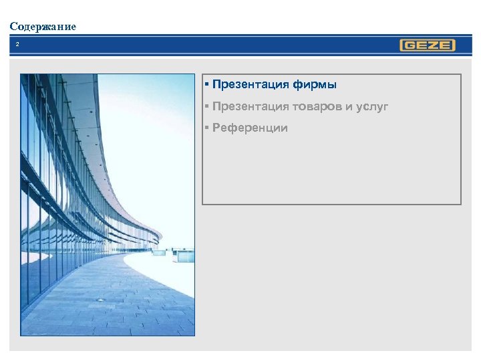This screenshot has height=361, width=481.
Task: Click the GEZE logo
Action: pyautogui.click(x=428, y=45)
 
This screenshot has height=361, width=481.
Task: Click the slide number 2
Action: pyautogui.click(x=18, y=45)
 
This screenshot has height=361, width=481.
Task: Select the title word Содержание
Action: pyautogui.click(x=43, y=27)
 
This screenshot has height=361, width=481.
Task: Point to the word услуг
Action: pyautogui.click(x=371, y=106)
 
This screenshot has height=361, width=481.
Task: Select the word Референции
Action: pyautogui.click(x=250, y=128)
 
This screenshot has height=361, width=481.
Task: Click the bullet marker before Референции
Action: pyautogui.click(x=208, y=128)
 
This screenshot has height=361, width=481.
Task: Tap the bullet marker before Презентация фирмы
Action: pyautogui.click(x=208, y=85)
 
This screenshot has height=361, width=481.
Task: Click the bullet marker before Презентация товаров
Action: pyautogui.click(x=208, y=106)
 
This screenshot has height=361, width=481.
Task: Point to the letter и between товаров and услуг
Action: pyautogui.click(x=349, y=106)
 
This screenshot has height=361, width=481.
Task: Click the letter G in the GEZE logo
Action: pyautogui.click(x=409, y=45)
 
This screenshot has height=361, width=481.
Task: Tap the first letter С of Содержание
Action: pyautogui.click(x=13, y=27)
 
